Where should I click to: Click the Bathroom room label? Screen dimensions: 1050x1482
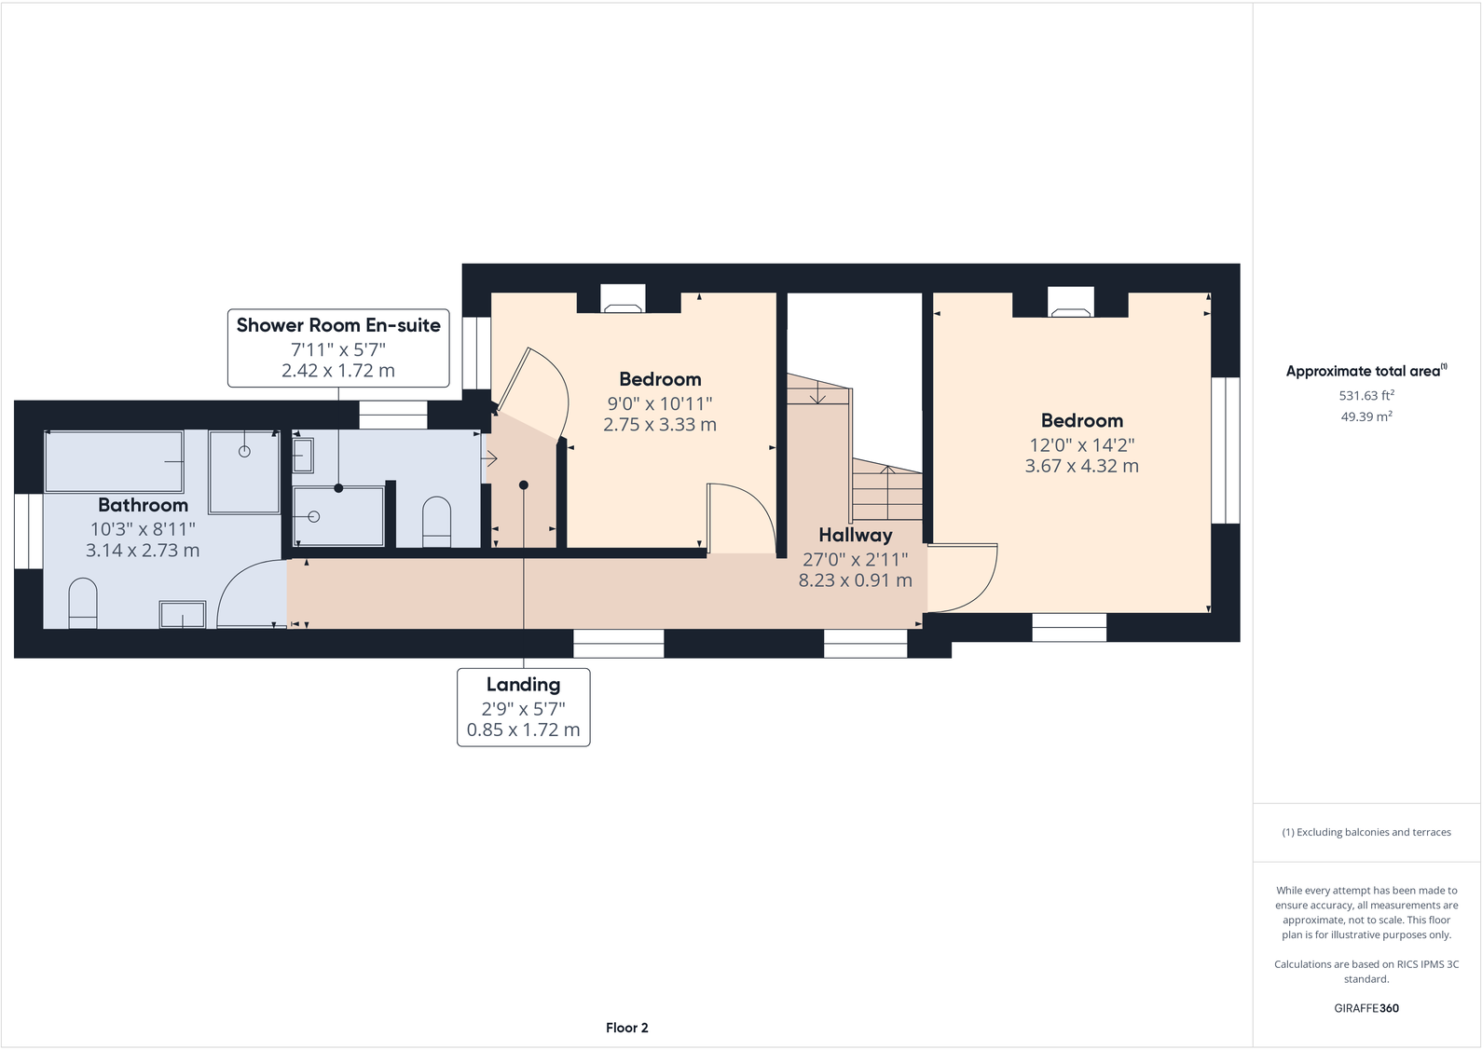[143, 505]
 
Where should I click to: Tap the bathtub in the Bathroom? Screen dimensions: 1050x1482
[114, 461]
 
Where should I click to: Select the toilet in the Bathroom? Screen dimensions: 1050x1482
[83, 603]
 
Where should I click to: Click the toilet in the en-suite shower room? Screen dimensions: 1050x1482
[436, 521]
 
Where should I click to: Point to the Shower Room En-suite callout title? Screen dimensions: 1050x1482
[338, 325]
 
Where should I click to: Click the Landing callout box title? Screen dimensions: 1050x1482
[523, 685]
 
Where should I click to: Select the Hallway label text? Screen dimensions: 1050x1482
[855, 535]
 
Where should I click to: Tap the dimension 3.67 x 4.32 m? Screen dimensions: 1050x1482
[1081, 466]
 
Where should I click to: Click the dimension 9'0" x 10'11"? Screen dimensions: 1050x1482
[659, 403]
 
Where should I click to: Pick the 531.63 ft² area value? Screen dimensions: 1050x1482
[1365, 395]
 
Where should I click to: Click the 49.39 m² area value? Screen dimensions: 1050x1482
[1365, 416]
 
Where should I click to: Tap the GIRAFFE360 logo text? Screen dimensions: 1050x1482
[1365, 1008]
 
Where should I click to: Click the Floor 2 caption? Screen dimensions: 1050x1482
[626, 1028]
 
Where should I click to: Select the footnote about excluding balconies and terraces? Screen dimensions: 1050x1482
[1365, 832]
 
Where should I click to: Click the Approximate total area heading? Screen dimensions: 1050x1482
[1365, 371]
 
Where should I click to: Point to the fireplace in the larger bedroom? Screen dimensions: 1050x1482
[1070, 302]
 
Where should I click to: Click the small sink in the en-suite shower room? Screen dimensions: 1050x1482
[303, 456]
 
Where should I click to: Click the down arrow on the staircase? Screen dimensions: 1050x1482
[817, 395]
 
